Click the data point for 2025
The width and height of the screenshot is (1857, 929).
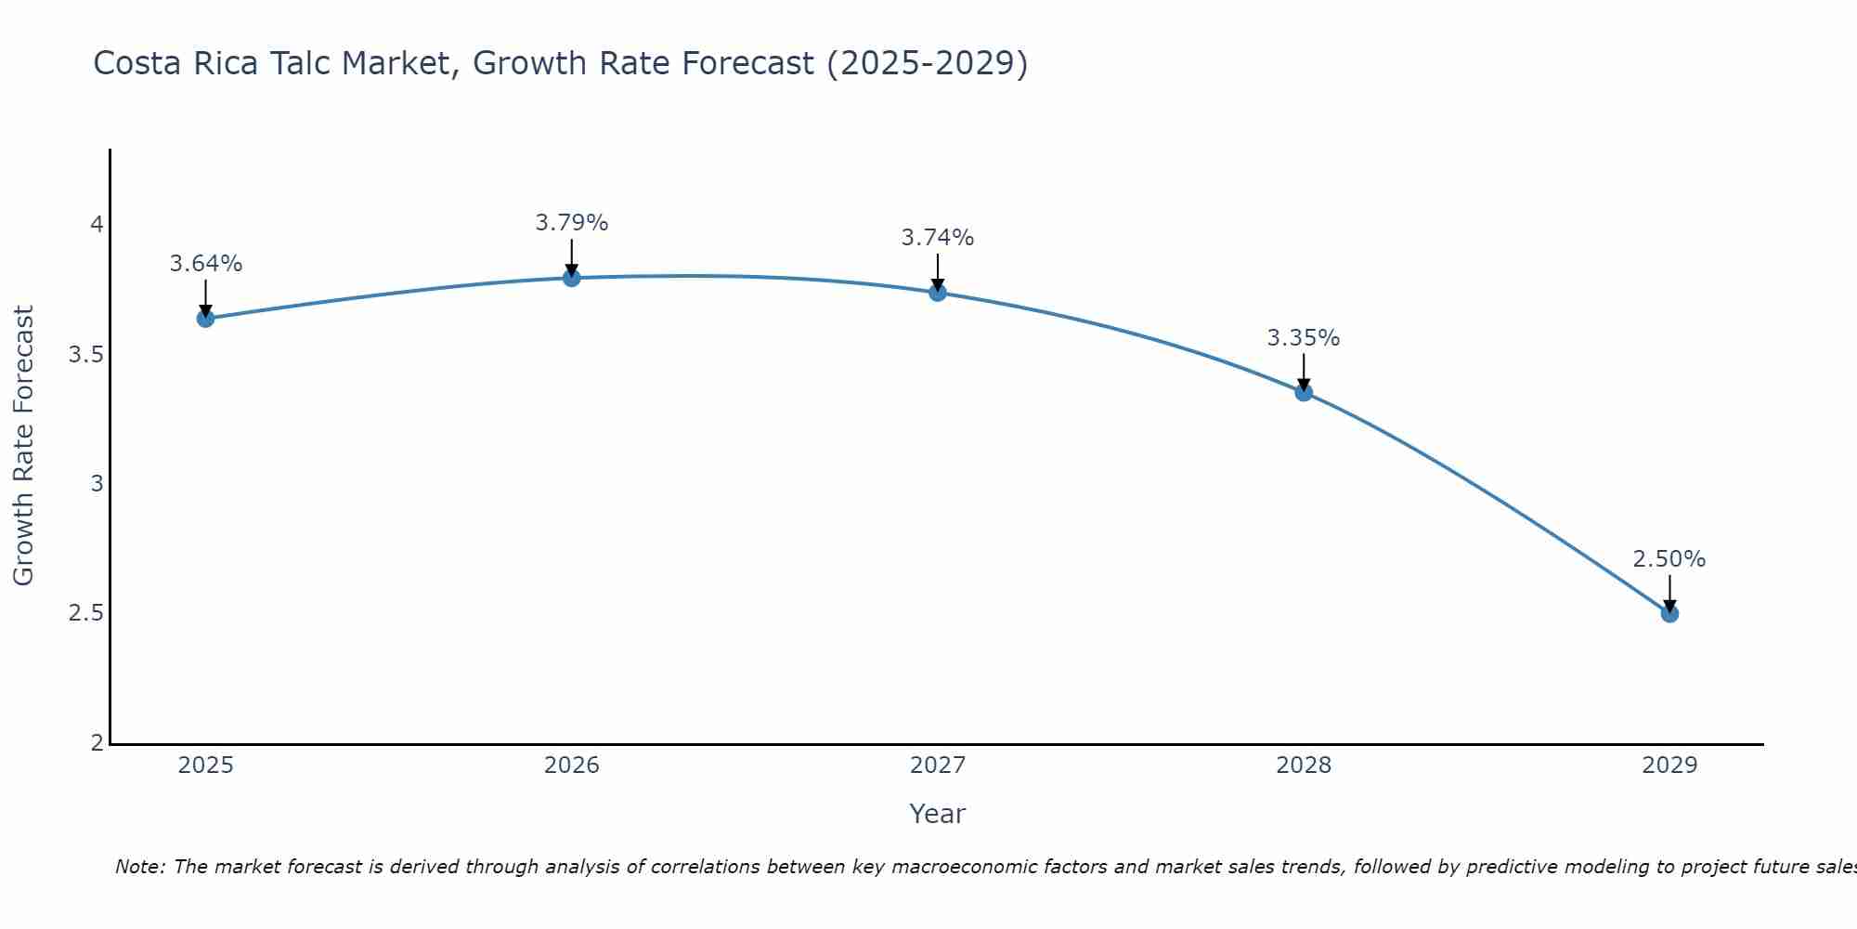tap(205, 319)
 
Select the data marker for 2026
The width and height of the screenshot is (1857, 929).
tap(571, 278)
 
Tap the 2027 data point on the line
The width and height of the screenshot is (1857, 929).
tap(937, 293)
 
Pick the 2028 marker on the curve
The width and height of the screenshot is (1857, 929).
tap(1304, 392)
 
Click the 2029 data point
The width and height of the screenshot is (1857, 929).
tap(1669, 613)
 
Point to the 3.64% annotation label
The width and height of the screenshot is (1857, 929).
tap(205, 264)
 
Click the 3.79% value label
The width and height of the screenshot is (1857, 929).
tap(571, 223)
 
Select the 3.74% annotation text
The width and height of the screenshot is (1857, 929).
tap(937, 238)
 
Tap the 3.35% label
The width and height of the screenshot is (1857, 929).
tap(1304, 338)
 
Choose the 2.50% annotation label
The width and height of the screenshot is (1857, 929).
tap(1669, 559)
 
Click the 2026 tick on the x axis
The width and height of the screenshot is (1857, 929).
tap(571, 765)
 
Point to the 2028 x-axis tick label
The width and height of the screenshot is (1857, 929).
tap(1304, 765)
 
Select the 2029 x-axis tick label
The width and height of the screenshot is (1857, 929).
tap(1669, 765)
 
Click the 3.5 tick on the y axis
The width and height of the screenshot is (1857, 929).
tap(85, 355)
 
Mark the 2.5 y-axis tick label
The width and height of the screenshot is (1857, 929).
tap(85, 613)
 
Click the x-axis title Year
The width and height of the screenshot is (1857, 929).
tap(937, 814)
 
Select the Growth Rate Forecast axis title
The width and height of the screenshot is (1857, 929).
tap(23, 446)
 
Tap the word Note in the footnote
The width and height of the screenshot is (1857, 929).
tap(139, 867)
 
